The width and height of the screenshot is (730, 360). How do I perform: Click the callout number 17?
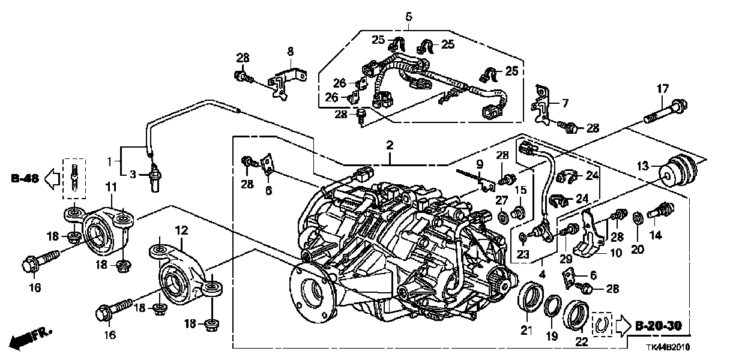click(662, 89)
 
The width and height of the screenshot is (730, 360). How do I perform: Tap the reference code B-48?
click(24, 178)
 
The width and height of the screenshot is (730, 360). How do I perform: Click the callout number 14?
click(656, 236)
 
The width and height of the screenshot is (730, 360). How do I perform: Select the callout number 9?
click(480, 163)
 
